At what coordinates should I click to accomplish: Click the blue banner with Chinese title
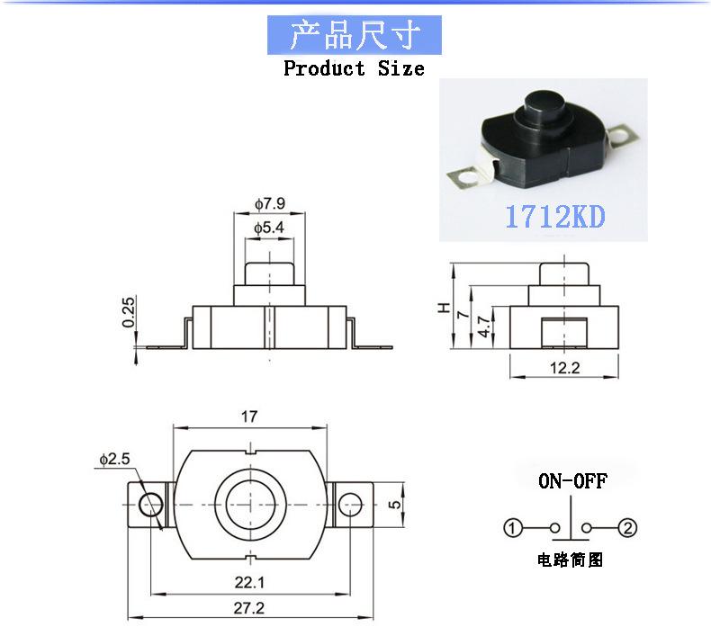click(x=355, y=36)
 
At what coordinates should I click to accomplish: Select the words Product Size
click(x=354, y=68)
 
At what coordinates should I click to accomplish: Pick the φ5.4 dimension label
click(x=269, y=228)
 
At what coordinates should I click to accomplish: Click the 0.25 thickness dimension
click(x=129, y=312)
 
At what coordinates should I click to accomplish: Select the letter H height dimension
click(x=444, y=307)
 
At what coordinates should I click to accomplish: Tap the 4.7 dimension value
click(x=483, y=327)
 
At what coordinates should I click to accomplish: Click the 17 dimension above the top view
click(x=249, y=417)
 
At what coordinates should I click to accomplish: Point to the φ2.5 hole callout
click(x=115, y=459)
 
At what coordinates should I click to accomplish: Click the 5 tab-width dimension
click(x=393, y=505)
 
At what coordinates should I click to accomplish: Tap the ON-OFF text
click(x=572, y=480)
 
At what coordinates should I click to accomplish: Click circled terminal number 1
click(x=512, y=528)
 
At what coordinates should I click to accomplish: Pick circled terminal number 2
click(x=629, y=528)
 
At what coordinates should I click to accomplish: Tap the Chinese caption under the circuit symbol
click(x=571, y=560)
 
